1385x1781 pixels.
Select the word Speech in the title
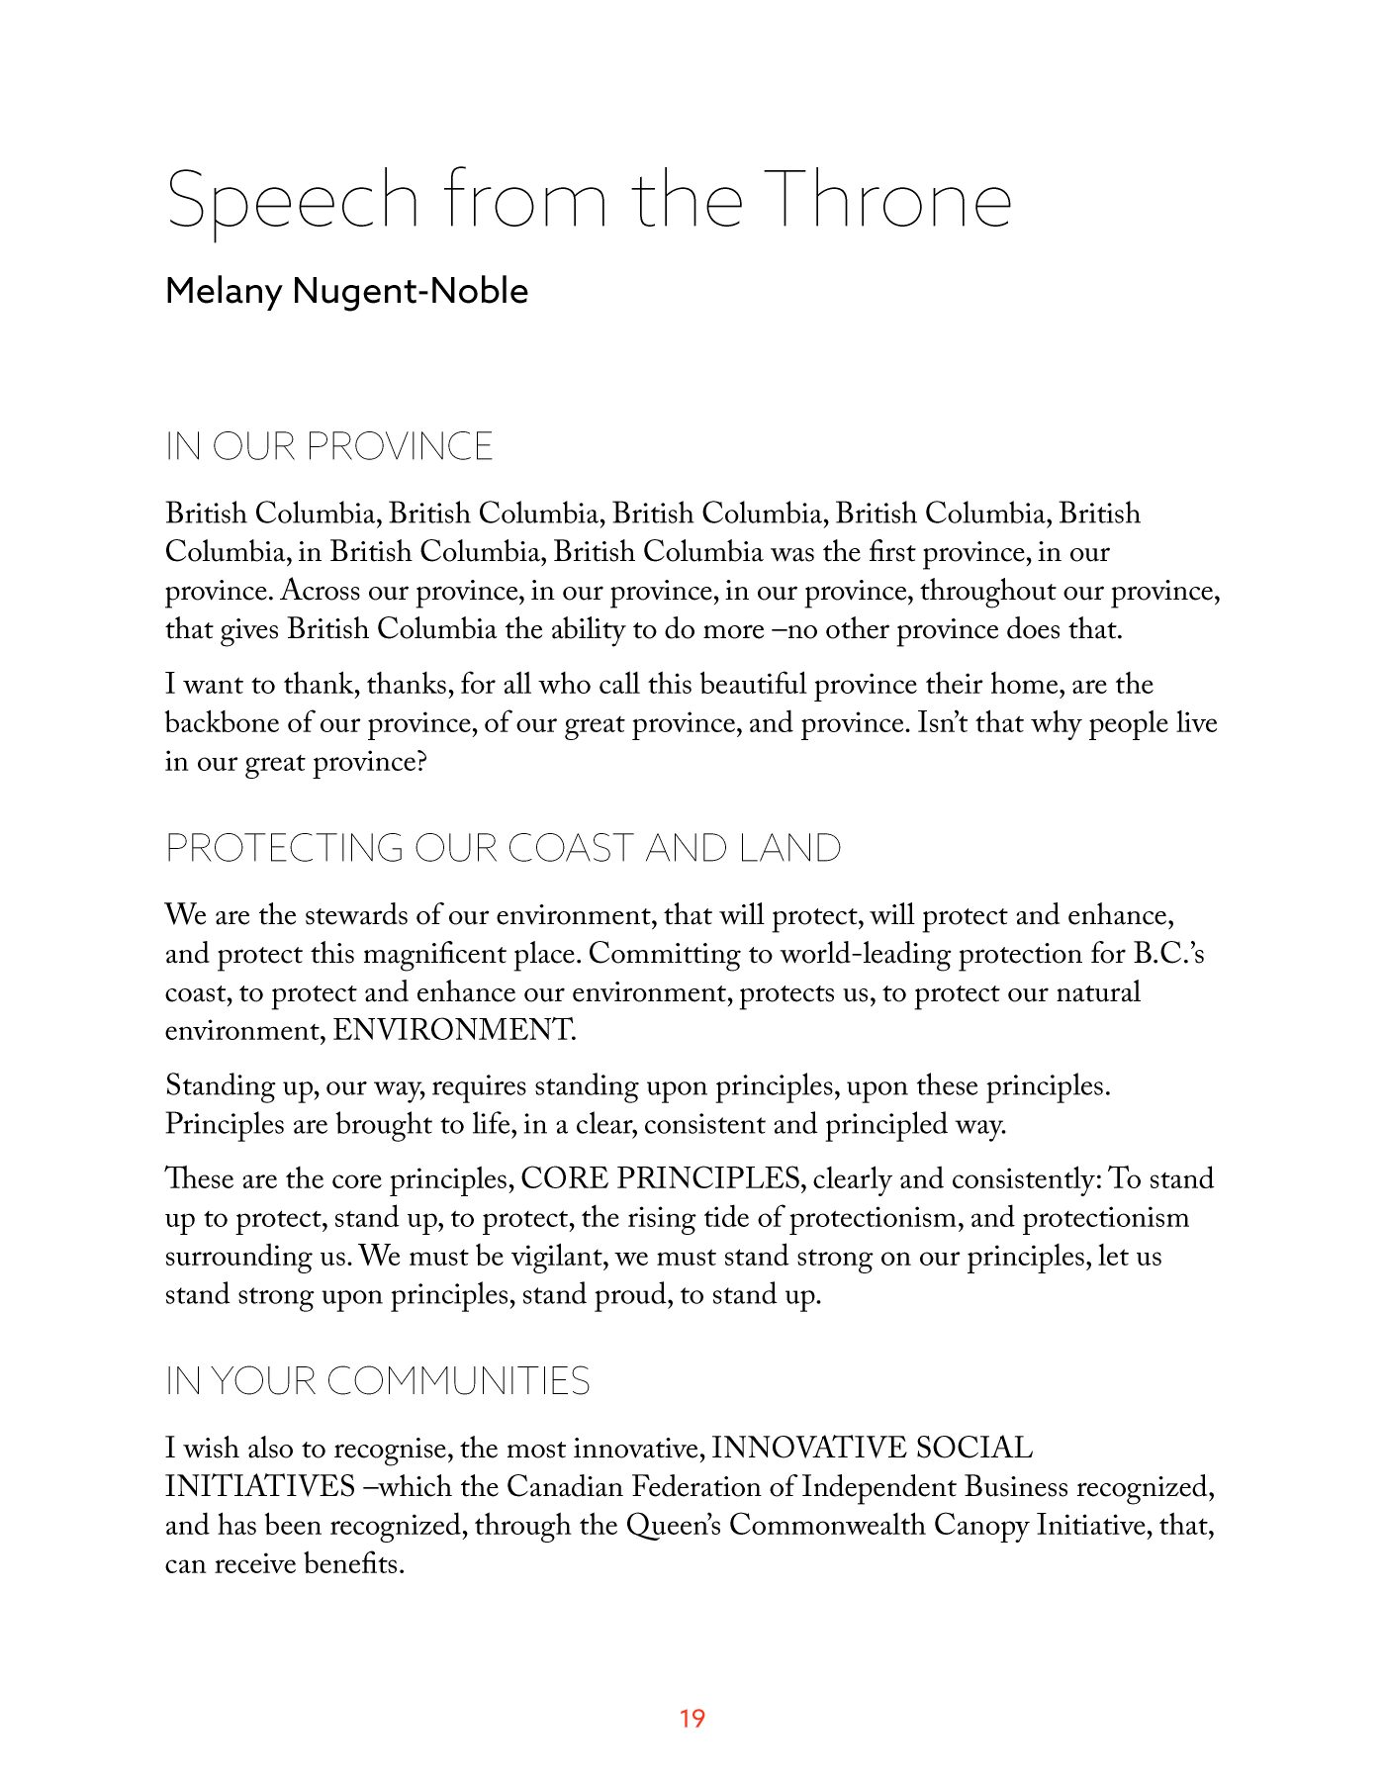pyautogui.click(x=293, y=201)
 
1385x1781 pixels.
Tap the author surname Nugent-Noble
pyautogui.click(x=411, y=291)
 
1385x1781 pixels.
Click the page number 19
pyautogui.click(x=692, y=1719)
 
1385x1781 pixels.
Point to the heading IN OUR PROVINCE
pyautogui.click(x=328, y=447)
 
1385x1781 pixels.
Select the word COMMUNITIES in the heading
pyautogui.click(x=458, y=1381)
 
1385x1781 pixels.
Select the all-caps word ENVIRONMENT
pyautogui.click(x=453, y=1031)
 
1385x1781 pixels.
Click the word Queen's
pyautogui.click(x=673, y=1526)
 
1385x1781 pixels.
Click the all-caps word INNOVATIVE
pyautogui.click(x=809, y=1449)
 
